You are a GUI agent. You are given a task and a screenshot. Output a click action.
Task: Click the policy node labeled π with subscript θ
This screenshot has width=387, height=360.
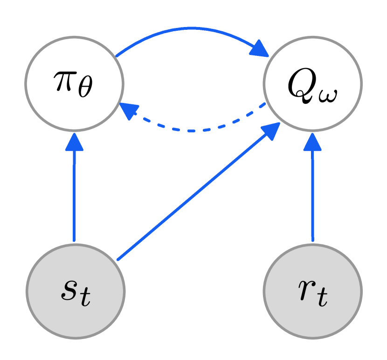(74, 84)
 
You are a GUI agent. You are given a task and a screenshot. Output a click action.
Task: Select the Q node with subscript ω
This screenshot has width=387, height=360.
(312, 84)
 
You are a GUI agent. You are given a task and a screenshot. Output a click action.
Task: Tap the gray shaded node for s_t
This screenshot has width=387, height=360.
(75, 291)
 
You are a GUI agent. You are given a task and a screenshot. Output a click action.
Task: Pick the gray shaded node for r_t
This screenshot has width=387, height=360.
(312, 291)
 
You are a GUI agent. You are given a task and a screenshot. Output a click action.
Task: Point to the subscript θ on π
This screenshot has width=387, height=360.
(85, 88)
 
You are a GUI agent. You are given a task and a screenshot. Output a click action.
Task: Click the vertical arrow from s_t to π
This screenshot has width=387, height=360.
(74, 196)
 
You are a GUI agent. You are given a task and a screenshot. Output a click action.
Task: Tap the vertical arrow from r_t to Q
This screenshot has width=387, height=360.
(312, 196)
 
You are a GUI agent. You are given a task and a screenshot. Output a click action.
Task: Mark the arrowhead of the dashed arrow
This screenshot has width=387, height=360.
(129, 110)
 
